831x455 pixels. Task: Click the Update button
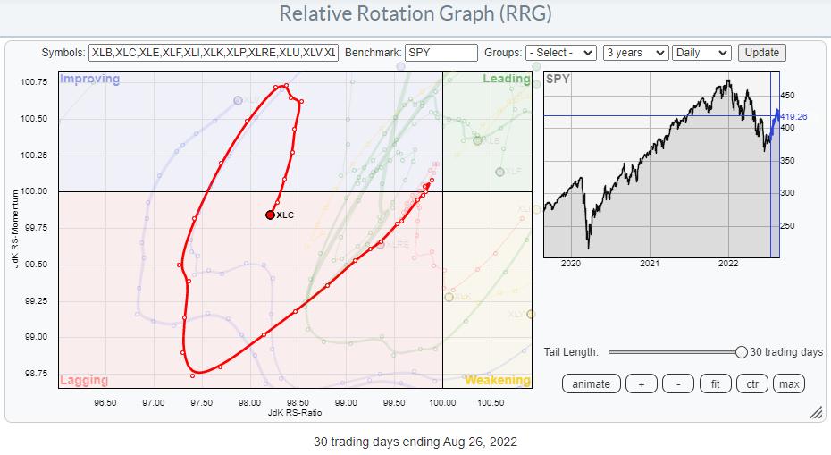click(761, 53)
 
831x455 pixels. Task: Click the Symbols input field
click(214, 53)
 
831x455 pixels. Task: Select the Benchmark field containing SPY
click(441, 53)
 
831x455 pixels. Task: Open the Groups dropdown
click(560, 53)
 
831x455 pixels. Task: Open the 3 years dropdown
click(635, 53)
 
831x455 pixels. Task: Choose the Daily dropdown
click(701, 53)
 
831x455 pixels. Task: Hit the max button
click(788, 383)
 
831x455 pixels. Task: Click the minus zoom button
click(679, 383)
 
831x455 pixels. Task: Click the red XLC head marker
click(270, 215)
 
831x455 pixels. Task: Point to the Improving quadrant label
click(89, 79)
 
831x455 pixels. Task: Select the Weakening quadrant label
click(497, 380)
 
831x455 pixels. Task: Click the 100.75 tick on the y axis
click(33, 82)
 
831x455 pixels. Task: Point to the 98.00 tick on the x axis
click(249, 402)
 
